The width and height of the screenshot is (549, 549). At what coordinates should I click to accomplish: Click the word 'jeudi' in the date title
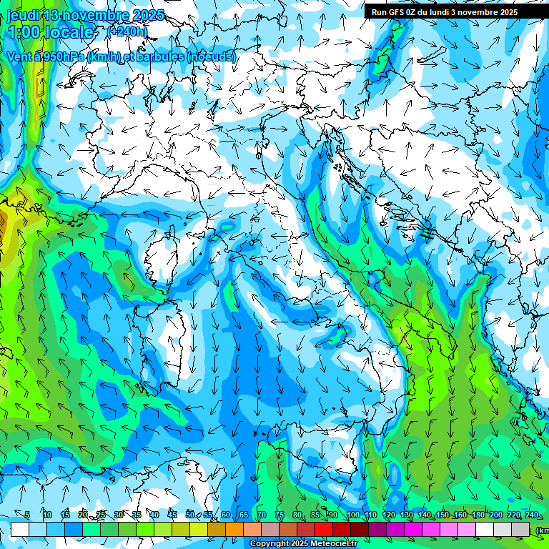pyautogui.click(x=23, y=15)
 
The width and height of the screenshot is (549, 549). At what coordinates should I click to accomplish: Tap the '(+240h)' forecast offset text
pyautogui.click(x=127, y=32)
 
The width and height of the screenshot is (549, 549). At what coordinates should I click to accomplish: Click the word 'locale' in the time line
pyautogui.click(x=69, y=32)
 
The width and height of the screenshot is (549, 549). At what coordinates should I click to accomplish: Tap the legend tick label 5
pyautogui.click(x=27, y=515)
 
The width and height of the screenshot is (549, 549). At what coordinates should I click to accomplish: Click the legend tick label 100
pyautogui.click(x=352, y=515)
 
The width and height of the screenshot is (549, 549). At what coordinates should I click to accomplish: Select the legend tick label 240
pyautogui.click(x=531, y=515)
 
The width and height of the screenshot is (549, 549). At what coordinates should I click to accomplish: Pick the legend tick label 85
pyautogui.click(x=315, y=515)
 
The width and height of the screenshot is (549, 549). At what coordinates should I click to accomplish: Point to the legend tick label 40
pyautogui.click(x=154, y=515)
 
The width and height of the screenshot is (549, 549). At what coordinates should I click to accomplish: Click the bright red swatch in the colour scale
pyautogui.click(x=324, y=529)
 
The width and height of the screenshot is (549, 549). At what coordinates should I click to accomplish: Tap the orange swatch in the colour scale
pyautogui.click(x=234, y=529)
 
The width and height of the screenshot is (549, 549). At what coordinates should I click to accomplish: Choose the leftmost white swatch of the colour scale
pyautogui.click(x=20, y=529)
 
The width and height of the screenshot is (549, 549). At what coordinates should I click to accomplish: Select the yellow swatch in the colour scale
pyautogui.click(x=199, y=529)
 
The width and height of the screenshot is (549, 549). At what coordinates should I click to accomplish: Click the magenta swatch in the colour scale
pyautogui.click(x=413, y=529)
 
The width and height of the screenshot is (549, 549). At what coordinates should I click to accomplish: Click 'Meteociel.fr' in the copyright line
pyautogui.click(x=336, y=544)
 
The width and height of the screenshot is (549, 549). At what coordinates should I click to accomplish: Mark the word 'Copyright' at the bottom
pyautogui.click(x=270, y=544)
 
